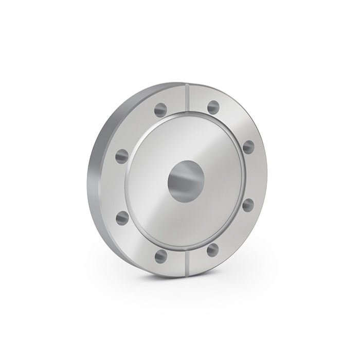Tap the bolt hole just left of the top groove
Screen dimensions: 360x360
pos(161,109)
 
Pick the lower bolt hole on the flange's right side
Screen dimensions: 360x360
pos(248,206)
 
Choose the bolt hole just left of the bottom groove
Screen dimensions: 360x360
pos(161,254)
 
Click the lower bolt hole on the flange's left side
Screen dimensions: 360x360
pos(122,218)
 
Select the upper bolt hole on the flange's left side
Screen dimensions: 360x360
pos(122,155)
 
